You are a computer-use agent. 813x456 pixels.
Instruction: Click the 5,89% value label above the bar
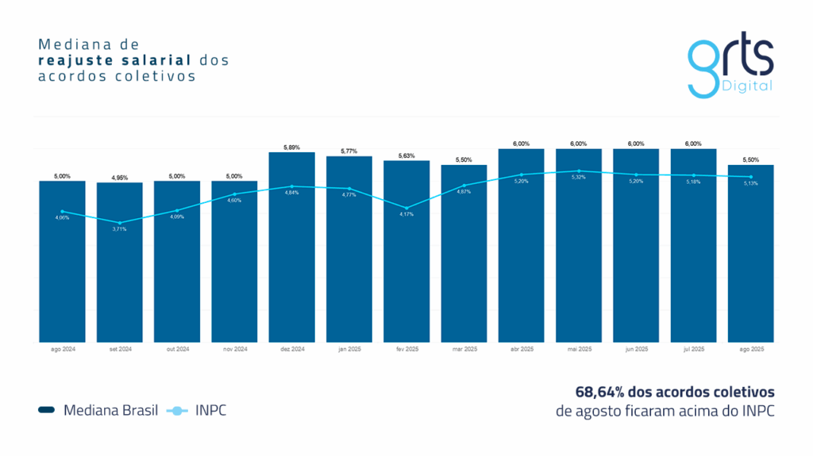coord(292,148)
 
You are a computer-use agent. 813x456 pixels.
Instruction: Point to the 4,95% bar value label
coord(120,178)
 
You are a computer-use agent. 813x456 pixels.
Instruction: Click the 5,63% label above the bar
coord(406,156)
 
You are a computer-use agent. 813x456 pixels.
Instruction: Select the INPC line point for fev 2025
coord(406,208)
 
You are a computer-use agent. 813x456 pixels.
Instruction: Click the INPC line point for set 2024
coord(120,223)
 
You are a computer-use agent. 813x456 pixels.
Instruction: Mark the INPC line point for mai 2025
coord(579,171)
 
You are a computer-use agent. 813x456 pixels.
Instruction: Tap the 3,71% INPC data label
coord(120,229)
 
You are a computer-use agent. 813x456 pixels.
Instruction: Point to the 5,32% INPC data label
coord(579,177)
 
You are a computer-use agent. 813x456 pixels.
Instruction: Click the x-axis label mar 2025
coord(464,349)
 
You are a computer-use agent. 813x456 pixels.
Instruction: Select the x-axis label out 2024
coord(177,349)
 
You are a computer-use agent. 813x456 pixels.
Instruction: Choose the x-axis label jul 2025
coord(694,349)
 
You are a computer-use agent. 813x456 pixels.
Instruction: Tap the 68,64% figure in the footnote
coord(598,392)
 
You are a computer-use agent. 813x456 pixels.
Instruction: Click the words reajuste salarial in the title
coord(116,59)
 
